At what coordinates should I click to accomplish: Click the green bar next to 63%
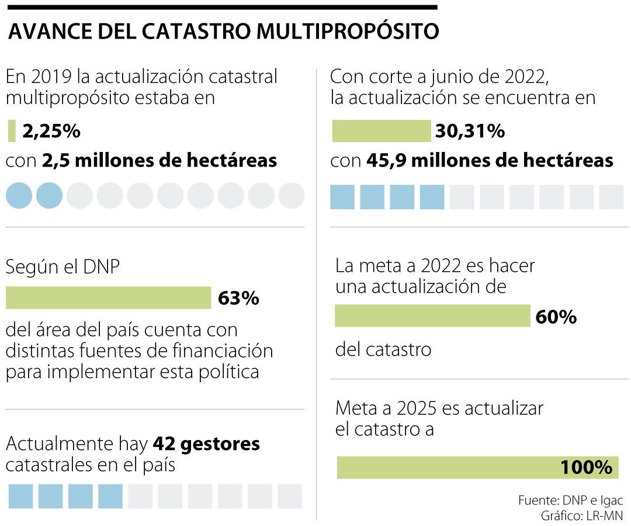tap(108, 297)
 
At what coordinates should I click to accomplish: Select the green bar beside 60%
tap(432, 316)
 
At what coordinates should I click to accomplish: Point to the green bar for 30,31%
tap(381, 131)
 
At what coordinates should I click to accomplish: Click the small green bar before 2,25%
tap(12, 131)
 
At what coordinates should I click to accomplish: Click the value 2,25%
tap(51, 131)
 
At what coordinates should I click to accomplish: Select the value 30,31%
tap(470, 131)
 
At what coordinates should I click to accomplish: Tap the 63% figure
tap(238, 298)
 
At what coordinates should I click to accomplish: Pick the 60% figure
tap(556, 317)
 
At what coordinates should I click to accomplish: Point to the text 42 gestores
tap(206, 444)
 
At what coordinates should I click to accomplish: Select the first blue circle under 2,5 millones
tap(19, 195)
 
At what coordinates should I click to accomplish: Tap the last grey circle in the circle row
tap(291, 195)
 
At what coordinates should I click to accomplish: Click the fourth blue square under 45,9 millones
tap(432, 197)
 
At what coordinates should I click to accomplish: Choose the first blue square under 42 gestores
tap(20, 496)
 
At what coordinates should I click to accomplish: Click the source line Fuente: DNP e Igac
tap(570, 500)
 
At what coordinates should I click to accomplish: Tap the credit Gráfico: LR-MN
tap(574, 515)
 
